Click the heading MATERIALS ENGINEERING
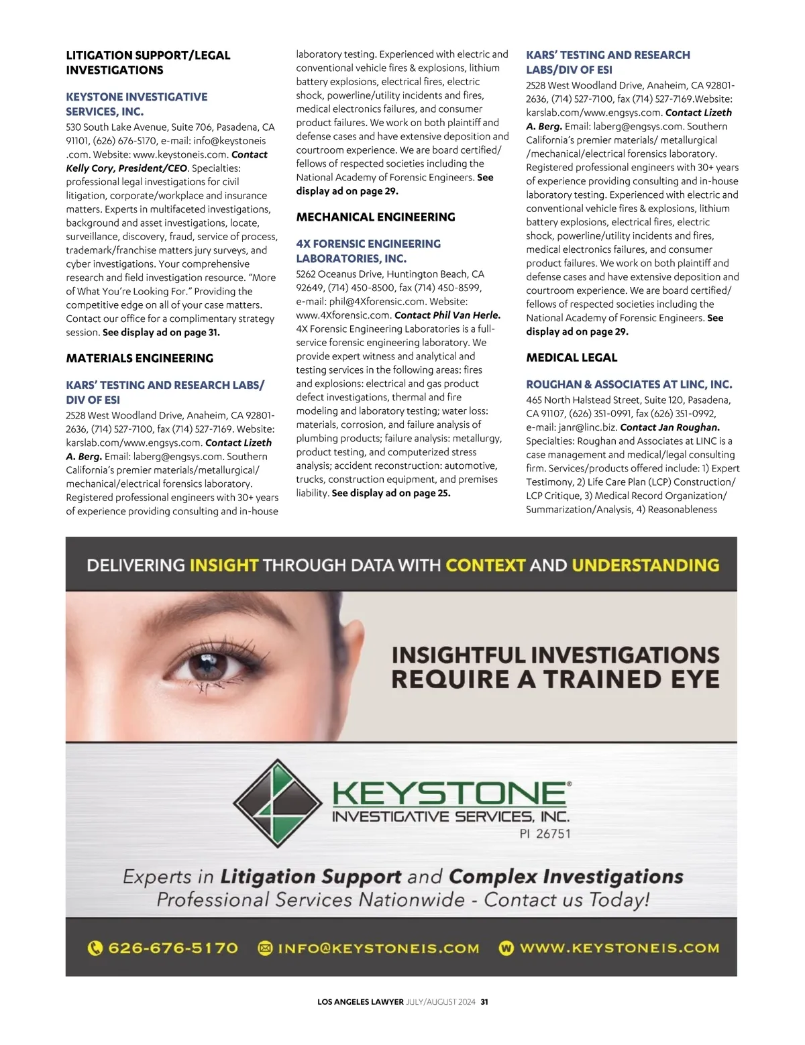(140, 358)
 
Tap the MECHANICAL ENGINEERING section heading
(376, 217)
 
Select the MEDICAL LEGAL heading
(572, 357)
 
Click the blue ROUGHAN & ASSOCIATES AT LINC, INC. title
(629, 384)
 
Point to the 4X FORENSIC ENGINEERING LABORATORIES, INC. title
(368, 251)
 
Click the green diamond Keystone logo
(277, 804)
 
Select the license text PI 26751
(545, 834)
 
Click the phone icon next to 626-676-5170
(95, 948)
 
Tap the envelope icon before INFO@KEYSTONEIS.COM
(266, 948)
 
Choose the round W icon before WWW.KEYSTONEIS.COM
(506, 948)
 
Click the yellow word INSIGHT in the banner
(223, 565)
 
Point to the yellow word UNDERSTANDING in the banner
(645, 565)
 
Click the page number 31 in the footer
(484, 1002)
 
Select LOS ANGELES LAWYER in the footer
(360, 1002)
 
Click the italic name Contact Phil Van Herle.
(447, 315)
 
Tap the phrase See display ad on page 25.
(391, 493)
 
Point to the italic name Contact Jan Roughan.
(669, 427)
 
